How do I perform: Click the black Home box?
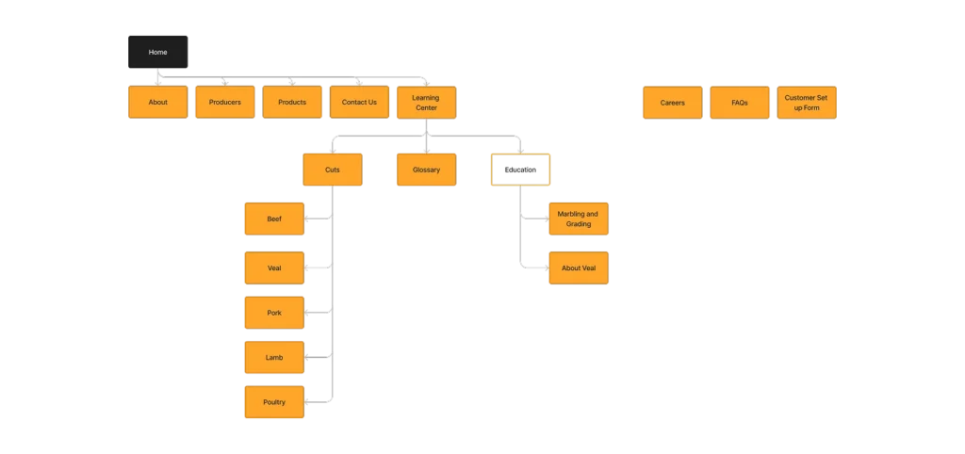tap(157, 52)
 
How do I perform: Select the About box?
tap(157, 102)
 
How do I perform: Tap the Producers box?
tap(224, 102)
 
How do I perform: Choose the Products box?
tap(292, 102)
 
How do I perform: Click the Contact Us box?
tap(359, 102)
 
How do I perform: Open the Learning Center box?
tap(426, 102)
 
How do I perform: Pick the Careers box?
tap(672, 102)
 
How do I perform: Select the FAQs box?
tap(739, 102)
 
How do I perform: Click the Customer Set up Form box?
tap(806, 102)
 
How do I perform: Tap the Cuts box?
tap(332, 170)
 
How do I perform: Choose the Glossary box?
tap(426, 170)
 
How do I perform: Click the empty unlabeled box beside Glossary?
tap(519, 170)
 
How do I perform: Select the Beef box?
tap(274, 219)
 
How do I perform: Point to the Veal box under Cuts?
tap(274, 268)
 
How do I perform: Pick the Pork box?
tap(274, 312)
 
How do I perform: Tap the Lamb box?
tap(274, 357)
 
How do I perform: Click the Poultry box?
tap(274, 402)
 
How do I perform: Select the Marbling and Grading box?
tap(578, 219)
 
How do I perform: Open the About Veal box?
tap(578, 268)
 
